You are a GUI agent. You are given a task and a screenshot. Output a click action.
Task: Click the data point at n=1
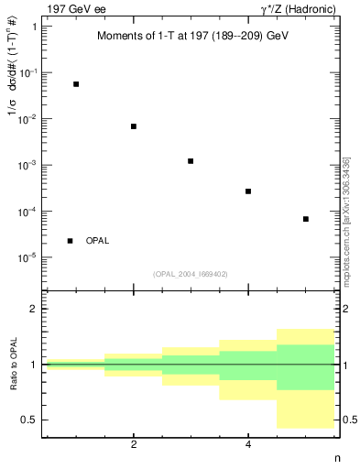click(x=76, y=84)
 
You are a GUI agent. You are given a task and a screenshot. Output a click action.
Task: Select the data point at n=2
click(x=134, y=126)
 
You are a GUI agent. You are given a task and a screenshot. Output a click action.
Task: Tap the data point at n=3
click(x=191, y=161)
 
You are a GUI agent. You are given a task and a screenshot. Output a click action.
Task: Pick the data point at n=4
click(x=248, y=191)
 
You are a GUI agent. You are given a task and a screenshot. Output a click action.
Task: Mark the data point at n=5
click(x=306, y=219)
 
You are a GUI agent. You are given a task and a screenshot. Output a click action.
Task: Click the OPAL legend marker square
click(x=71, y=241)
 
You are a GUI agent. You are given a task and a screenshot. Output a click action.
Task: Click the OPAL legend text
click(x=97, y=241)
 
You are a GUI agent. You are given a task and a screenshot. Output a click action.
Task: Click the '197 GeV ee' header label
click(x=74, y=9)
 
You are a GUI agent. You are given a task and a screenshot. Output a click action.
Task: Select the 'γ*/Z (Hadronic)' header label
click(x=298, y=9)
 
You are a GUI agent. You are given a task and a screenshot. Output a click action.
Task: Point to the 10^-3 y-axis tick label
click(x=28, y=165)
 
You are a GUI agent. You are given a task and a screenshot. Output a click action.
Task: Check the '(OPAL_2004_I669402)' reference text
click(x=191, y=273)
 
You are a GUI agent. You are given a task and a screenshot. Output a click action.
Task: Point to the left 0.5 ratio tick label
click(x=29, y=420)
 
